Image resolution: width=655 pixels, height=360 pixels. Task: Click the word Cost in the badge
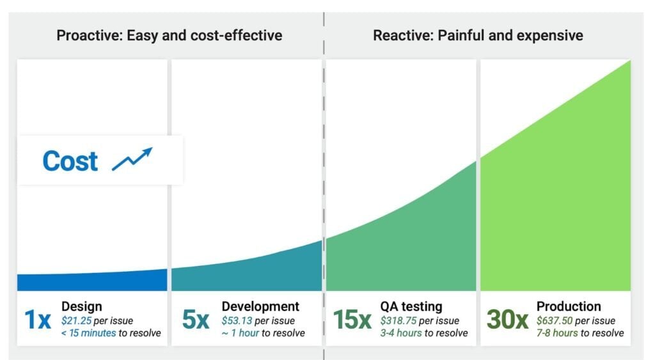(70, 160)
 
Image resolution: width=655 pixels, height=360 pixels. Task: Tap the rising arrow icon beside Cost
(132, 159)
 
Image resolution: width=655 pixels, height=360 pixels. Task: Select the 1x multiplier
(37, 320)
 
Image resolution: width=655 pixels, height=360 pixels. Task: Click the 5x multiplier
(195, 320)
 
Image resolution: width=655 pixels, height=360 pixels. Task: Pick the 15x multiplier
(352, 320)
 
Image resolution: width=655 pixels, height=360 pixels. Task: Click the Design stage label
(81, 307)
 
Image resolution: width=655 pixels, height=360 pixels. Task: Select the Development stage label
(260, 307)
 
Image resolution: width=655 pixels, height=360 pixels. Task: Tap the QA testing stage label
(411, 307)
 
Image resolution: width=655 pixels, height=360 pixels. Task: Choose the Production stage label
(569, 307)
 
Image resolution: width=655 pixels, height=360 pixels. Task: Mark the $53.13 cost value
(237, 320)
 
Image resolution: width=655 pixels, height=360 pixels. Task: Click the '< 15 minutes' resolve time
(88, 333)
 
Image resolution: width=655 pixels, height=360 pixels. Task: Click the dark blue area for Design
(92, 281)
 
